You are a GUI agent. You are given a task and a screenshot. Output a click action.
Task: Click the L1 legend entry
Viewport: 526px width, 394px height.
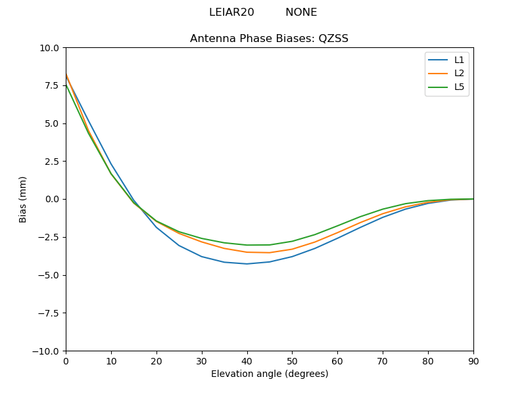(459, 60)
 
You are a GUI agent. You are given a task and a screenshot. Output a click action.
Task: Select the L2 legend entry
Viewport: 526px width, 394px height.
(459, 74)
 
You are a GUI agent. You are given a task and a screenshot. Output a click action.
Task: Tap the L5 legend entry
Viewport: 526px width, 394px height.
(459, 87)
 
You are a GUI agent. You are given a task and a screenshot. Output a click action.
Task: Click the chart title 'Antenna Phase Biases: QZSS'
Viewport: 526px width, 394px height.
(269, 39)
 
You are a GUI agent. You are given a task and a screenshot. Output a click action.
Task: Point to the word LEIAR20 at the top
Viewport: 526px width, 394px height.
(231, 12)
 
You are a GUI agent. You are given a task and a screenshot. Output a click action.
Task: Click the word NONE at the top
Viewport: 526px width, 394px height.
(301, 12)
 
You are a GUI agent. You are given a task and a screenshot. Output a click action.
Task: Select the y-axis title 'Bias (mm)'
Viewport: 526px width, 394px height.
(23, 199)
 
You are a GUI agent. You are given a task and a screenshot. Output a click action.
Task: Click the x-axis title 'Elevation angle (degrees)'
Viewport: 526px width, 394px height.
(269, 374)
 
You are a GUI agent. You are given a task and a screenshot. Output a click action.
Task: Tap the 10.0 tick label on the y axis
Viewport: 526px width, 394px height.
(49, 48)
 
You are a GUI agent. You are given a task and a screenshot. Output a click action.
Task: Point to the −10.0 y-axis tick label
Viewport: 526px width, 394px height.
(45, 351)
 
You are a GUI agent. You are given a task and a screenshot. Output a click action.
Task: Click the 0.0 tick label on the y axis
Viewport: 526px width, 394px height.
(51, 200)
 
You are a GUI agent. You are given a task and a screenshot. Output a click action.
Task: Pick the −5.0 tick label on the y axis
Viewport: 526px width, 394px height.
(48, 275)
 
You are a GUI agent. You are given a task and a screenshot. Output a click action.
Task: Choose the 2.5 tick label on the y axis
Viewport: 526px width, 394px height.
(51, 162)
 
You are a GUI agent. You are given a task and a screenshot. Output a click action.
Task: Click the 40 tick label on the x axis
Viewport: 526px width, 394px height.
(247, 361)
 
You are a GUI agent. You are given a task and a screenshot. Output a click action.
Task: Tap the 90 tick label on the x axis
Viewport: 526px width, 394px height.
(473, 361)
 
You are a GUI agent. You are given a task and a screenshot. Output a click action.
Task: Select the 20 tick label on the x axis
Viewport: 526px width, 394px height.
(156, 361)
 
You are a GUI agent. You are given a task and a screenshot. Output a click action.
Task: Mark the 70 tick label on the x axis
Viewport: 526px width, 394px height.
(383, 361)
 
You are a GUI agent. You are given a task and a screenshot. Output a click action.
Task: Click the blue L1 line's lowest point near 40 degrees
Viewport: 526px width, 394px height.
(247, 264)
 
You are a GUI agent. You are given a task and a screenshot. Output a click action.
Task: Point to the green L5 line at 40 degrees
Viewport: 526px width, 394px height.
(247, 245)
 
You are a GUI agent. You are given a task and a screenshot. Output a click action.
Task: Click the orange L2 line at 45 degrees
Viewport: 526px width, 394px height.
(270, 253)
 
